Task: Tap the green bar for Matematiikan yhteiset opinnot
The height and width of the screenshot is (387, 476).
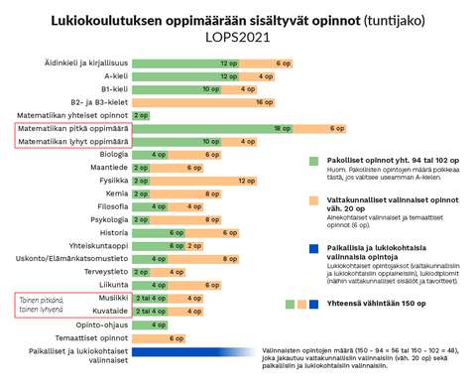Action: point(140,116)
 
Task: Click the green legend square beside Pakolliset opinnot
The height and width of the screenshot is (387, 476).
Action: point(312,159)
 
